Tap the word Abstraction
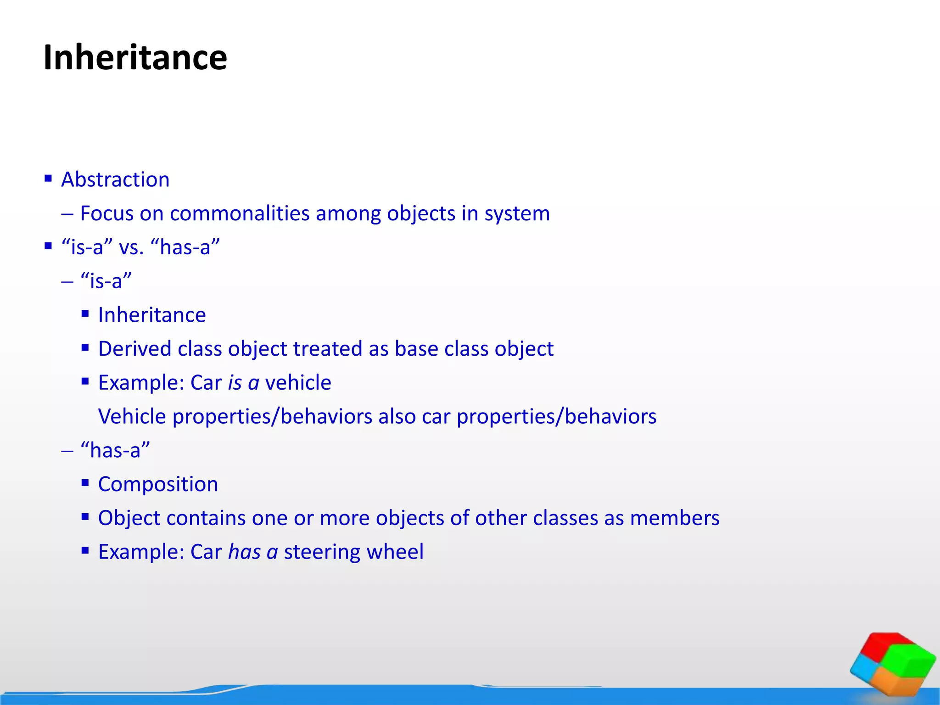pyautogui.click(x=115, y=179)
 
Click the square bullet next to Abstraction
pyautogui.click(x=48, y=178)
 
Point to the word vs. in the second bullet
pyautogui.click(x=131, y=247)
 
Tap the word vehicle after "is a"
pyautogui.click(x=298, y=383)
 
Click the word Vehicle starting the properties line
pyautogui.click(x=132, y=417)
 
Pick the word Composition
pyautogui.click(x=158, y=484)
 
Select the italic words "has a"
pyautogui.click(x=253, y=552)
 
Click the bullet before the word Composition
pyautogui.click(x=85, y=483)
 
